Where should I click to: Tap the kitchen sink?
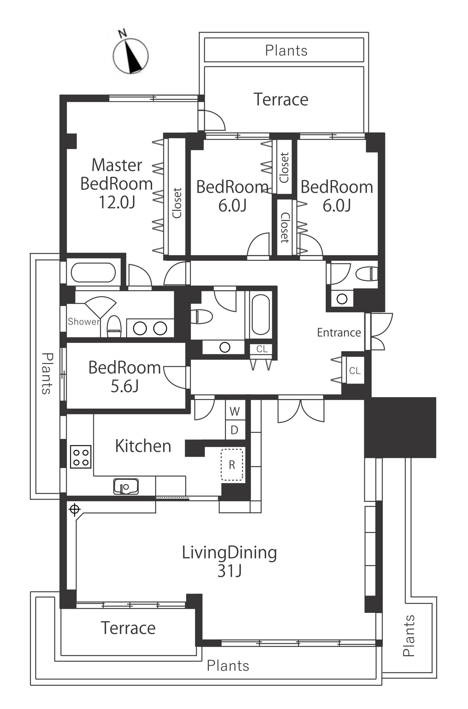click(126, 486)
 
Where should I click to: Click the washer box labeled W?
click(235, 411)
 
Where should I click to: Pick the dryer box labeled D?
click(235, 430)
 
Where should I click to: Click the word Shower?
click(84, 322)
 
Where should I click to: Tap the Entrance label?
click(339, 332)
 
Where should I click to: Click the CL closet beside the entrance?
click(355, 371)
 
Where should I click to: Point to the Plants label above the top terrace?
click(286, 51)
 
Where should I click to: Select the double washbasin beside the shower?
click(150, 328)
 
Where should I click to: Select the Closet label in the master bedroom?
click(177, 203)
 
